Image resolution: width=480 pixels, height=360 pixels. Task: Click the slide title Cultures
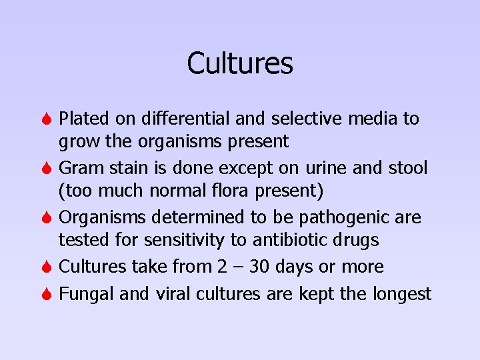pyautogui.click(x=240, y=63)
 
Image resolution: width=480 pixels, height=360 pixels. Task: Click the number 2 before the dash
pyautogui.click(x=222, y=267)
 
